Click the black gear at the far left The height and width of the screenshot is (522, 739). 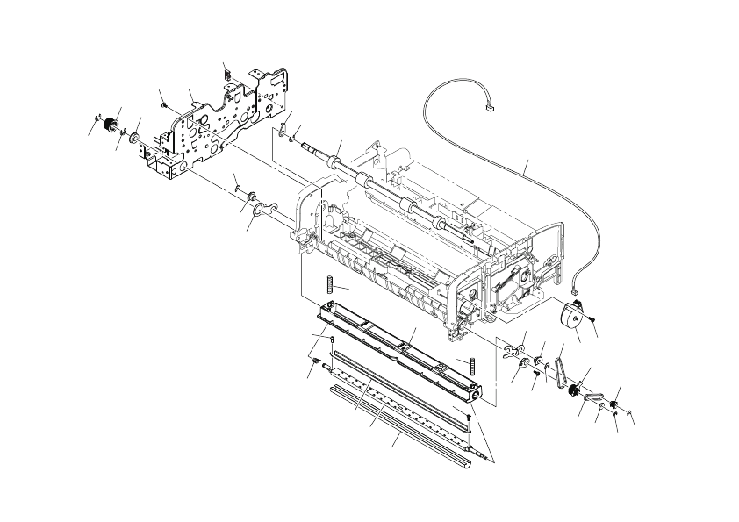point(109,129)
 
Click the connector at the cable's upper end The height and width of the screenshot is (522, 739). point(490,110)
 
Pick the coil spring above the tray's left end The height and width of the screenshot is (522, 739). point(329,285)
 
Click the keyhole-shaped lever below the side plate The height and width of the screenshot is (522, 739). point(262,208)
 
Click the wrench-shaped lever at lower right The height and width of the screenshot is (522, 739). point(511,353)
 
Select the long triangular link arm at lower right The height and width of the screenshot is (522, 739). point(559,369)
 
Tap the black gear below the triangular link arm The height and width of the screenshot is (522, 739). point(575,392)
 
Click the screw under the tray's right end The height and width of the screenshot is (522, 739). point(470,420)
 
